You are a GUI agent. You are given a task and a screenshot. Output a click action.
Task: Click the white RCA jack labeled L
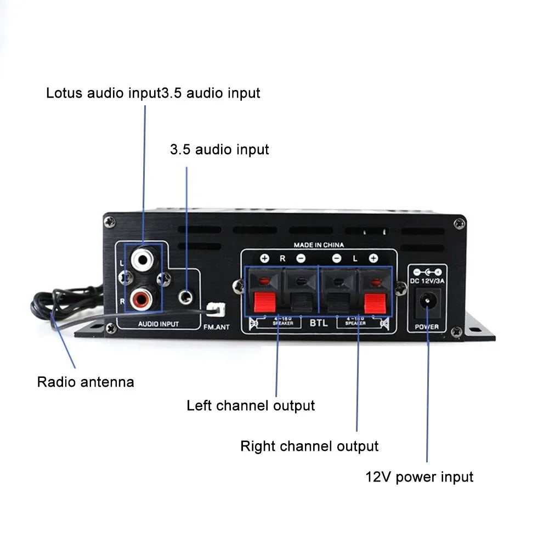click(144, 259)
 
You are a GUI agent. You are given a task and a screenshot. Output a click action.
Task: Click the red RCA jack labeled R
click(144, 298)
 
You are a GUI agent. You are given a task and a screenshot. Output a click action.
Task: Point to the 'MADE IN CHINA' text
click(319, 245)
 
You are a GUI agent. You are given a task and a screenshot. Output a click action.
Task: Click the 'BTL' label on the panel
click(319, 322)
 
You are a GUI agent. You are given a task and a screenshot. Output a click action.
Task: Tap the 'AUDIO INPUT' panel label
click(158, 324)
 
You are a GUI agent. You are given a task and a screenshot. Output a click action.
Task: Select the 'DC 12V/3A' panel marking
click(428, 281)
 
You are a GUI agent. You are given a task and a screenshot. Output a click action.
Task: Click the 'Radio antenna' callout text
click(86, 382)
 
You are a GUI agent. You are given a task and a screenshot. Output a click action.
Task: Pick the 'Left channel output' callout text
click(251, 406)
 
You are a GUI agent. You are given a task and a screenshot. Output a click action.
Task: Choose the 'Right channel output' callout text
click(309, 446)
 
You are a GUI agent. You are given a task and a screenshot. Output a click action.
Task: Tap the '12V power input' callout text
click(419, 477)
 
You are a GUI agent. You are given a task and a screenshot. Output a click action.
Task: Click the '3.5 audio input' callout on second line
click(219, 149)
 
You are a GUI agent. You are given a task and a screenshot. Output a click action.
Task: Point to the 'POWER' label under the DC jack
click(427, 327)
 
